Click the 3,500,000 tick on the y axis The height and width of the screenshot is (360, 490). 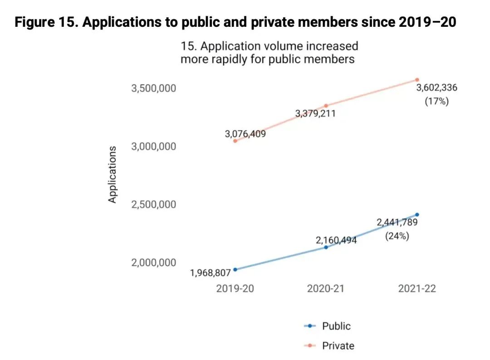tap(153, 89)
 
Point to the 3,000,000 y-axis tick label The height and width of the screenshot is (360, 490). tap(153, 147)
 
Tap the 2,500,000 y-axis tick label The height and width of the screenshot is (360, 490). tap(153, 205)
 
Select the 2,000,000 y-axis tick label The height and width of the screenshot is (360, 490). tap(153, 263)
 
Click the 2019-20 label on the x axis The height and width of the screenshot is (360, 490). tap(235, 289)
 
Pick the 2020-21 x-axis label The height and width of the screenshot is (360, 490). tap(326, 289)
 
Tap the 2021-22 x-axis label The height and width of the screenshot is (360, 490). tap(417, 289)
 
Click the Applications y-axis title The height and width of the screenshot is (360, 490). tap(113, 174)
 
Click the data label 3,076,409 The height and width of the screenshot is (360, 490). tap(245, 134)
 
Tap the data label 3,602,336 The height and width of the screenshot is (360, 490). tap(436, 88)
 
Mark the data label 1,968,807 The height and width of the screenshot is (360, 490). tap(210, 273)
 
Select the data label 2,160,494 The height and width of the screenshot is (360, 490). tap(336, 240)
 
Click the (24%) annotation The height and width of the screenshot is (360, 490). tap(397, 236)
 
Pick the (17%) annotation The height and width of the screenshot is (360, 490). tap(436, 101)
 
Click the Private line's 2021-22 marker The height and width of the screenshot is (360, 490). tap(417, 80)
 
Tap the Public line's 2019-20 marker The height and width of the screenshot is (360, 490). tap(235, 270)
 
